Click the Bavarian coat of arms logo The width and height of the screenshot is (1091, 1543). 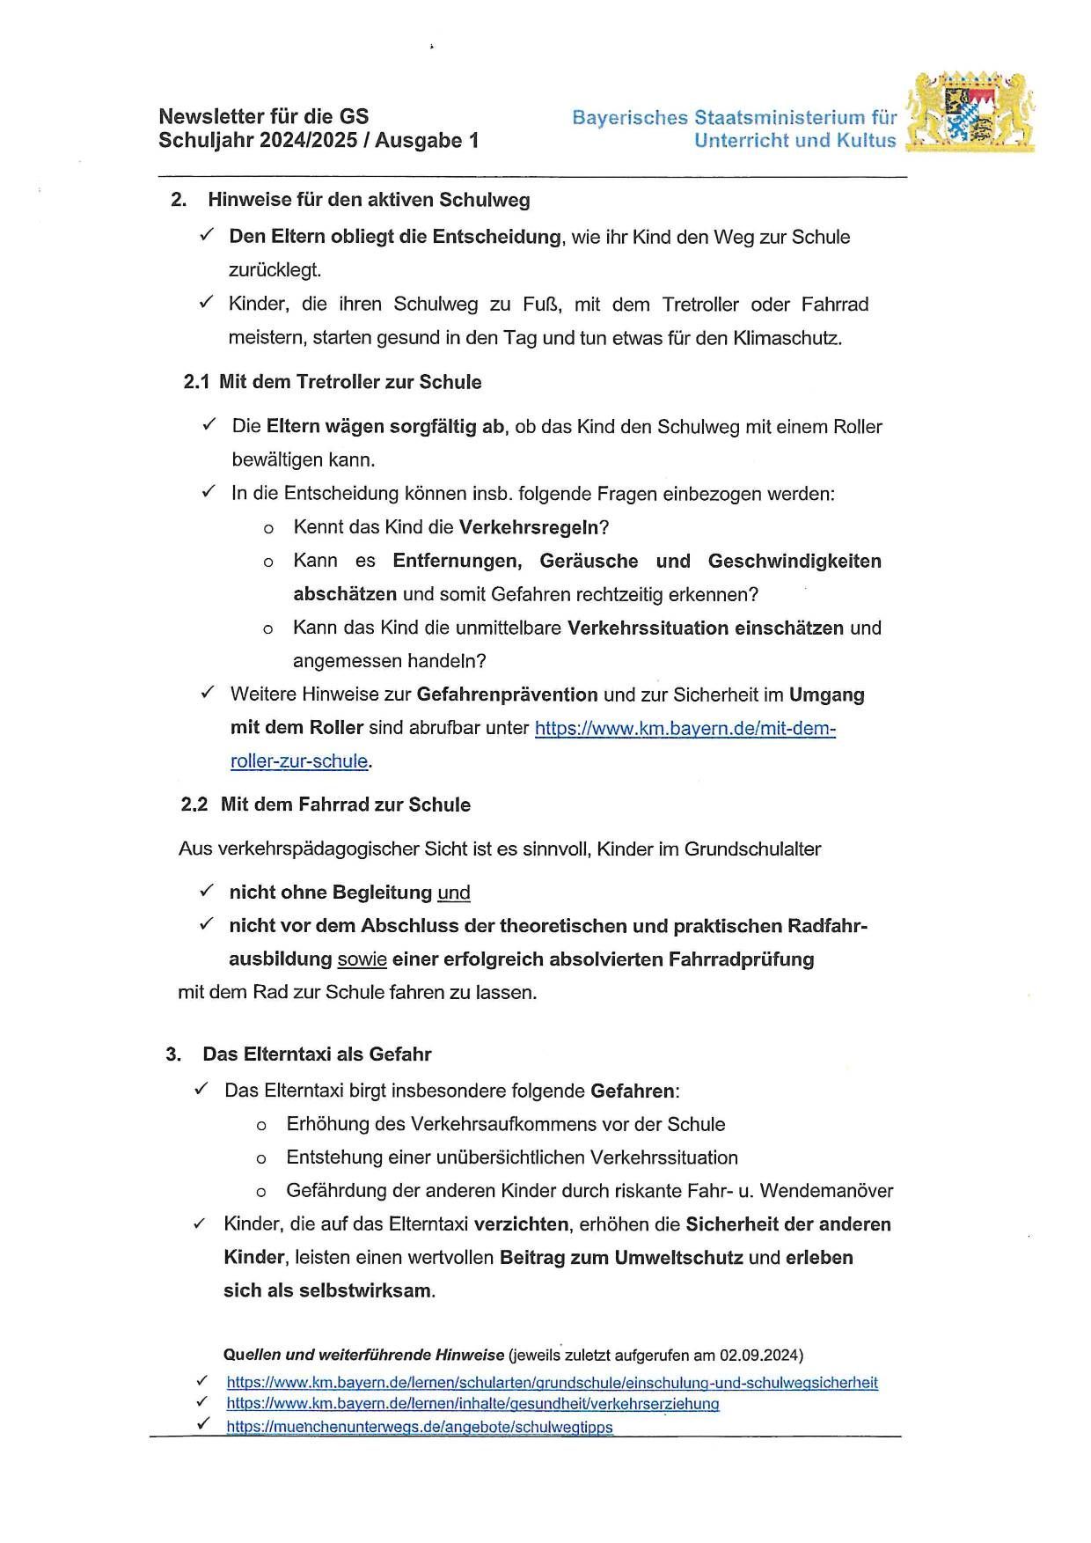point(971,111)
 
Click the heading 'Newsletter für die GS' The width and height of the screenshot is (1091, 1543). point(264,116)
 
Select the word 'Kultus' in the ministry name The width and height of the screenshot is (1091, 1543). point(867,141)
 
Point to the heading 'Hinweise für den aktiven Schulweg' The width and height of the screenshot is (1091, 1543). point(369,200)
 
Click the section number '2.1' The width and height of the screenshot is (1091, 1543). point(196,382)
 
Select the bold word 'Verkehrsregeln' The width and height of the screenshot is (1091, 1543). point(529,527)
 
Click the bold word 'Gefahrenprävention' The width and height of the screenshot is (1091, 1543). point(507,694)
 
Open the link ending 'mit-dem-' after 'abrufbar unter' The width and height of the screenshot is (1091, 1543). point(685,729)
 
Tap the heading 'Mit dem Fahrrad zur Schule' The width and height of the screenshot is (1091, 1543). point(345,805)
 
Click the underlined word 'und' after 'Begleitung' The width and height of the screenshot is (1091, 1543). point(454,893)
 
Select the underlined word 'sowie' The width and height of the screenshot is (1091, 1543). point(362,959)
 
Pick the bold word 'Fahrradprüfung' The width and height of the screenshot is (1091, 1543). point(741,959)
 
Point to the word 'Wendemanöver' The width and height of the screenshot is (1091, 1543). point(826,1191)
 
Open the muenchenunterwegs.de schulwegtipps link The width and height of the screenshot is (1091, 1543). point(419,1427)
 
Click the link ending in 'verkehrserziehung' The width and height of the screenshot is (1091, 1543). point(472,1404)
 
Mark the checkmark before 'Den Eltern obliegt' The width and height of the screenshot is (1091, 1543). point(207,235)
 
